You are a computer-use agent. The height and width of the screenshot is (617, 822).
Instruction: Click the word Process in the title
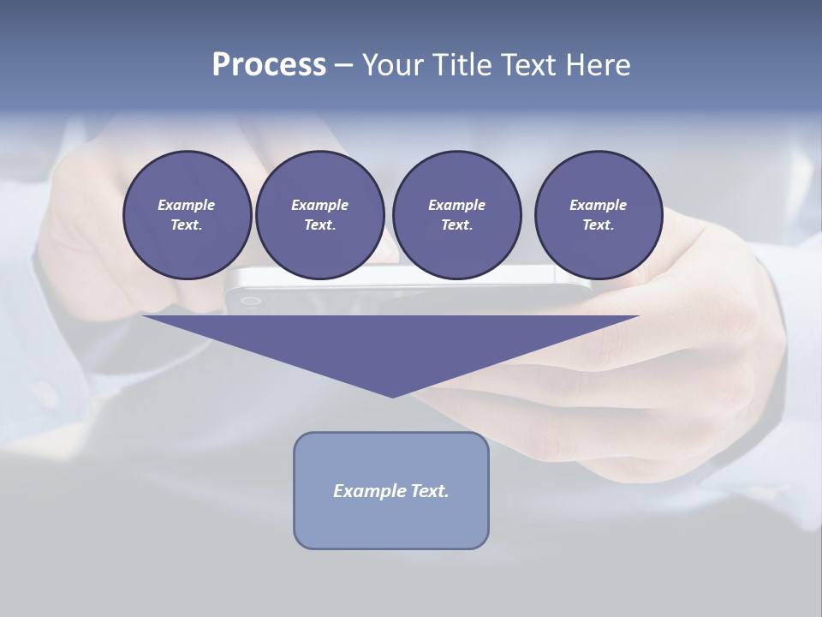(x=269, y=64)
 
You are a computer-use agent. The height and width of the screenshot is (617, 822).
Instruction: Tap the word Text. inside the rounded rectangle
(x=431, y=491)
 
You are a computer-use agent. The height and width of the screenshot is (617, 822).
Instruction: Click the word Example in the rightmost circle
(x=598, y=205)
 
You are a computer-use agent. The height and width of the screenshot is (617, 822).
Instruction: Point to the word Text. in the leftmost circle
(x=187, y=225)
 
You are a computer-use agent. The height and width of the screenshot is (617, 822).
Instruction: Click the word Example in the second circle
(x=319, y=205)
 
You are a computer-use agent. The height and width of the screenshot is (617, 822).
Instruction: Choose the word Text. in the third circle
(x=456, y=225)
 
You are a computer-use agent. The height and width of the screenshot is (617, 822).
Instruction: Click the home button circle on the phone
(x=250, y=301)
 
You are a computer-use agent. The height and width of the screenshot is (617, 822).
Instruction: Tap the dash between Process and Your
(x=343, y=65)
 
